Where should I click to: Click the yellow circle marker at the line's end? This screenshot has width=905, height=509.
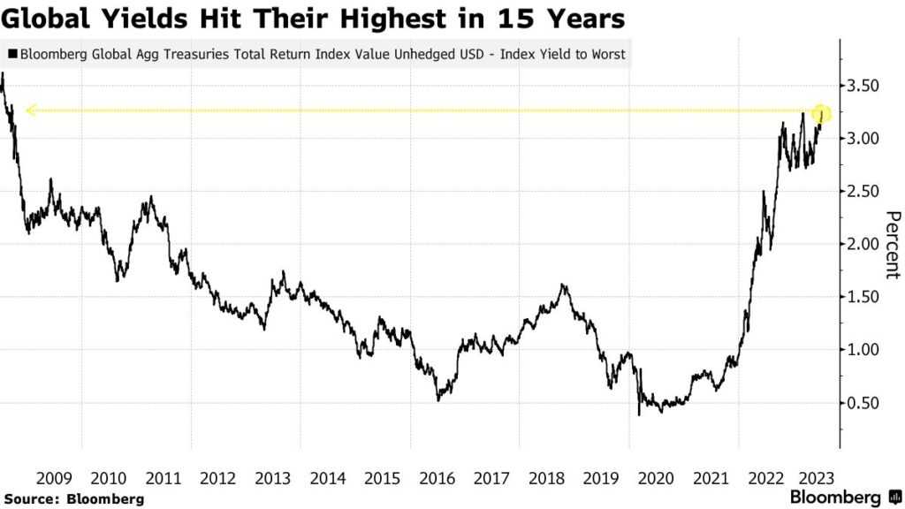click(822, 114)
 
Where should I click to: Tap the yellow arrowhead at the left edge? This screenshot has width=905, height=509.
click(30, 110)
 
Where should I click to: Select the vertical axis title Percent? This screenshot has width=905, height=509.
click(893, 245)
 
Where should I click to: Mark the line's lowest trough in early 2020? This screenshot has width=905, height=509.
click(639, 414)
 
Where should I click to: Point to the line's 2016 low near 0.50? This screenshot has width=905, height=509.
click(439, 400)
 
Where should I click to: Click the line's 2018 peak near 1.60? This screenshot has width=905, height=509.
click(563, 285)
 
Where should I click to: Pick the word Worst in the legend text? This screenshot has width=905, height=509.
click(607, 54)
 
